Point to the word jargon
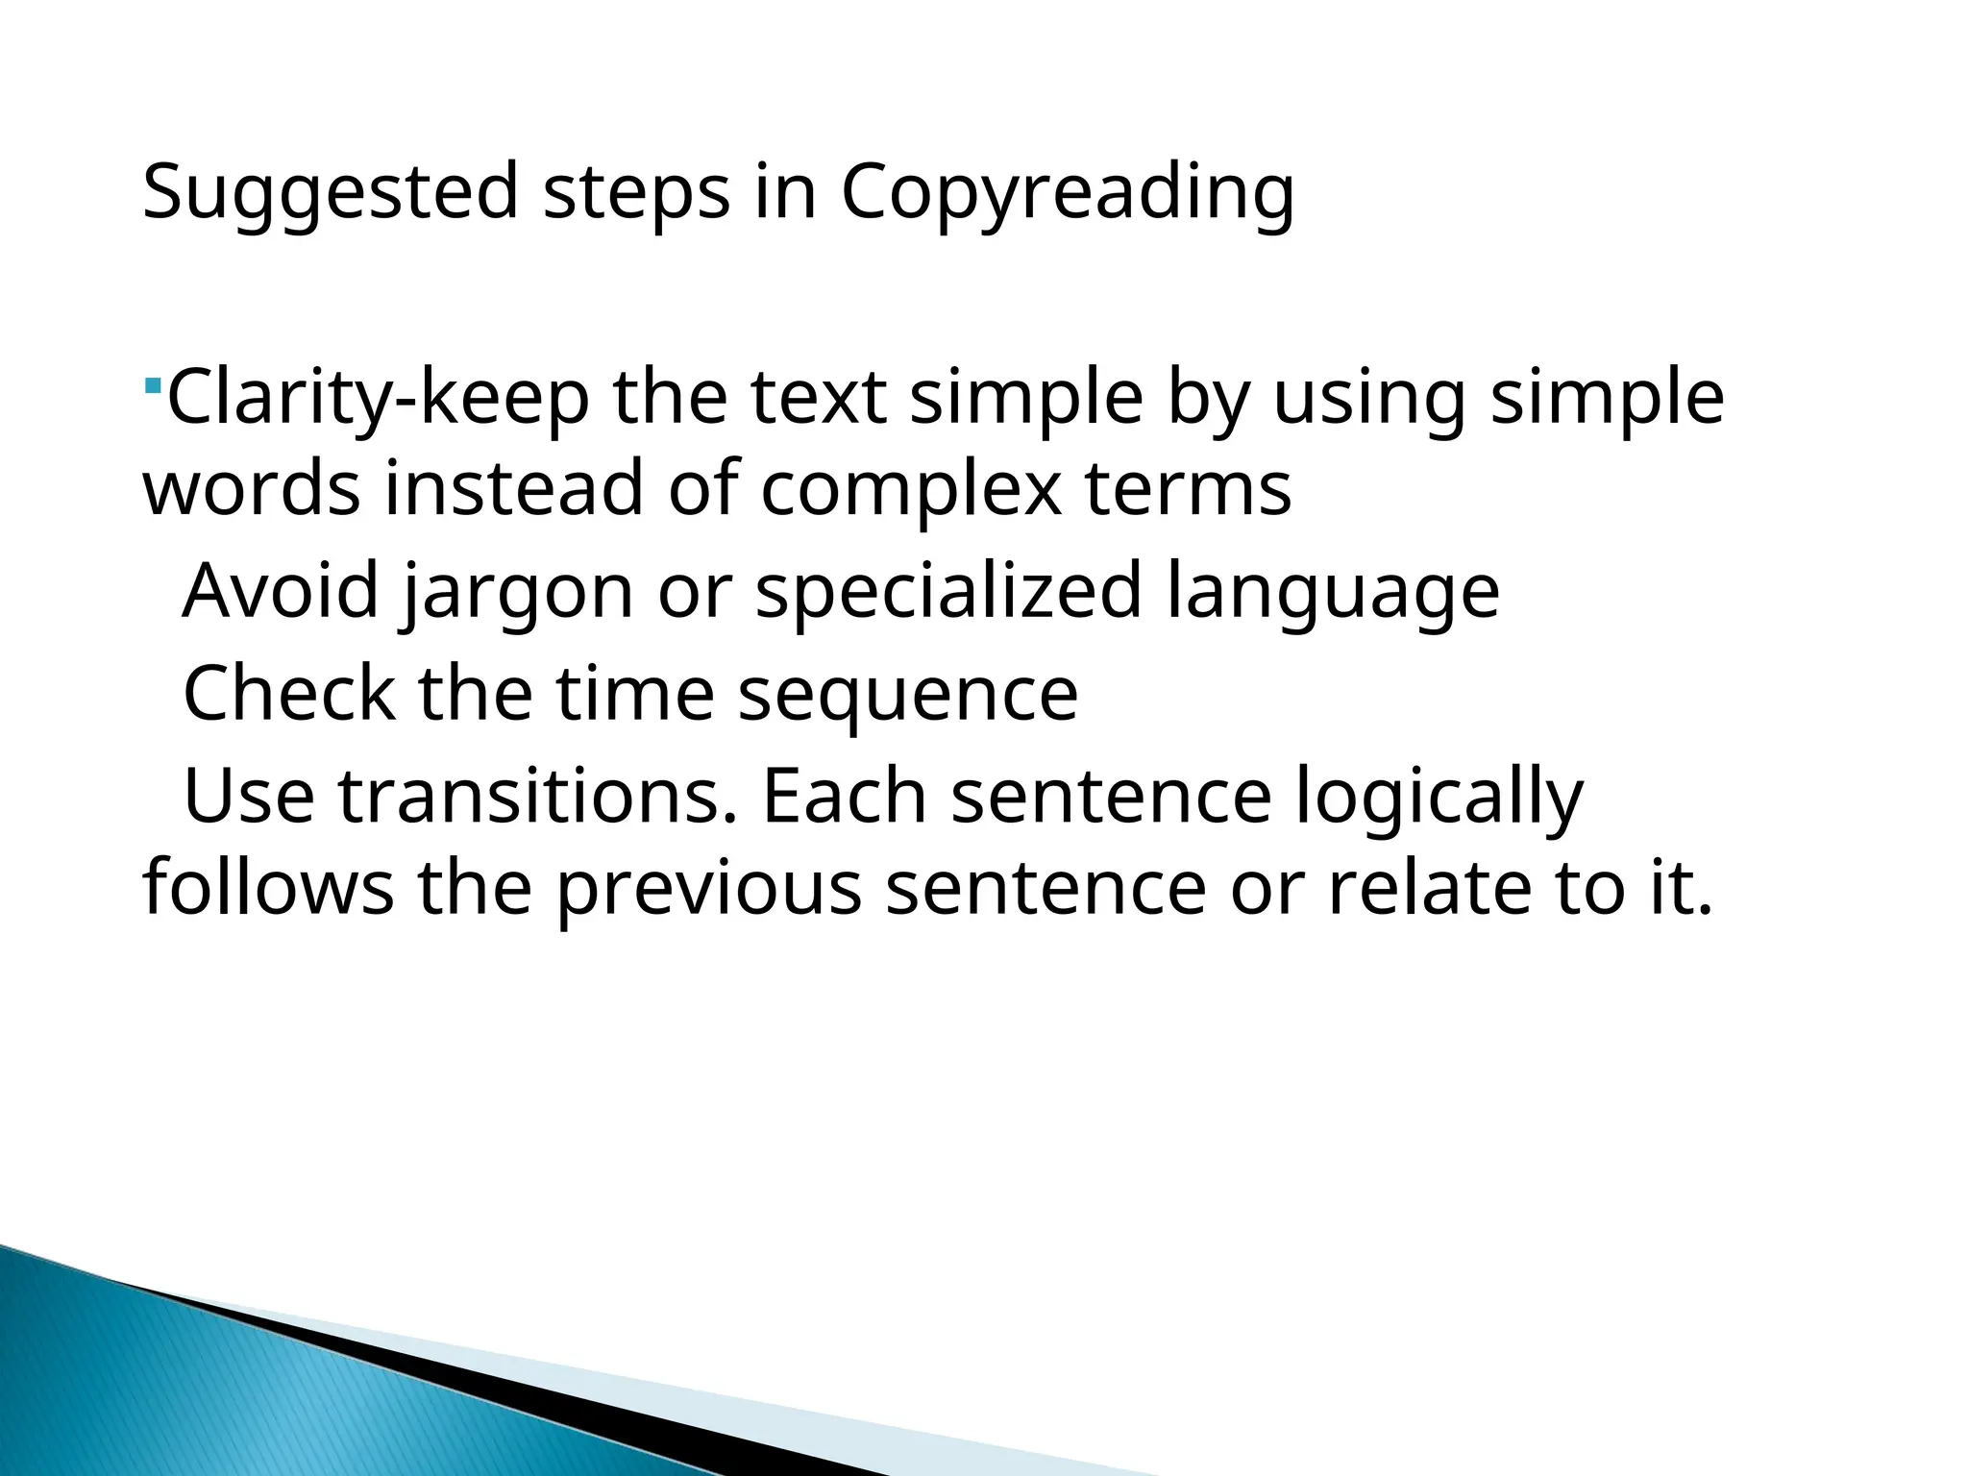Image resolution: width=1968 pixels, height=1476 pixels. tap(517, 592)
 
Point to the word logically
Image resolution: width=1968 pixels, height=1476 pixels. tap(1439, 798)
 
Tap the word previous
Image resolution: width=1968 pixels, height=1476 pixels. tap(709, 888)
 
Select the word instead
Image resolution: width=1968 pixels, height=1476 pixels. tap(514, 488)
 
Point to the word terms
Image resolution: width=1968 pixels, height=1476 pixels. tap(1188, 488)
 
